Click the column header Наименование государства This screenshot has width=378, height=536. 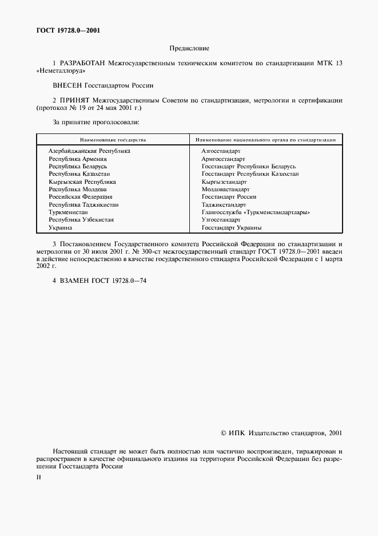click(113, 140)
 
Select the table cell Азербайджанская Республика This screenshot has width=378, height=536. click(89, 151)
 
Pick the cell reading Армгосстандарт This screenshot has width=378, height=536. click(223, 159)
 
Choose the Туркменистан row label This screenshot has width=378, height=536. click(67, 212)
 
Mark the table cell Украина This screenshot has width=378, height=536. click(60, 227)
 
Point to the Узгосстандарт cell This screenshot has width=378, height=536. click(221, 220)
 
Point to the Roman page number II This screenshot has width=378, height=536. click(38, 476)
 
